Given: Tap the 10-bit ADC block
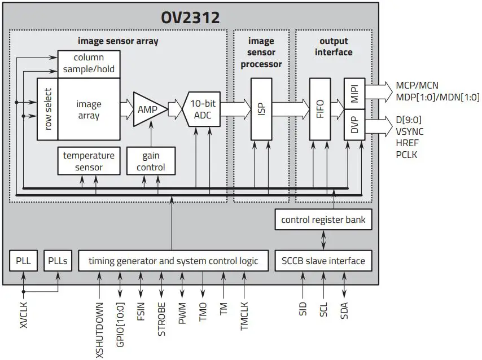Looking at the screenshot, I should (x=202, y=109).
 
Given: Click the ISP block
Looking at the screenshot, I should (x=261, y=109).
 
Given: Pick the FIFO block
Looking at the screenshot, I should (x=320, y=109).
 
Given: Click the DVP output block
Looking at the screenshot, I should (x=354, y=125).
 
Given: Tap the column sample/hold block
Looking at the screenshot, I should (x=89, y=64).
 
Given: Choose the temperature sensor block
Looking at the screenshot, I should (x=89, y=161).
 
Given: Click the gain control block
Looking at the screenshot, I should (x=151, y=161).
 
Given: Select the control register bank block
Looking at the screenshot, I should (x=323, y=219).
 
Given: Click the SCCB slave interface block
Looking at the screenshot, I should (x=323, y=261).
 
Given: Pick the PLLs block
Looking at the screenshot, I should (x=59, y=261).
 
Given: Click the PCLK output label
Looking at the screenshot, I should (x=406, y=154).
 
